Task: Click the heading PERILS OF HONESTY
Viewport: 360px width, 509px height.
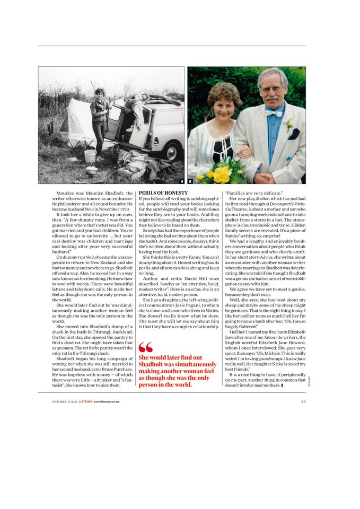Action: point(163,193)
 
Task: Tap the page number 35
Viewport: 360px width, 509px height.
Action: point(303,401)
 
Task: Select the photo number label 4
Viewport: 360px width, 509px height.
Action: point(182,181)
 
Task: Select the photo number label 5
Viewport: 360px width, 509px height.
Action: point(190,181)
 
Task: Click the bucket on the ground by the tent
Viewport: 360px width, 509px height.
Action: point(90,156)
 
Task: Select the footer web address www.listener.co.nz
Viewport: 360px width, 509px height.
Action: point(106,402)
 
